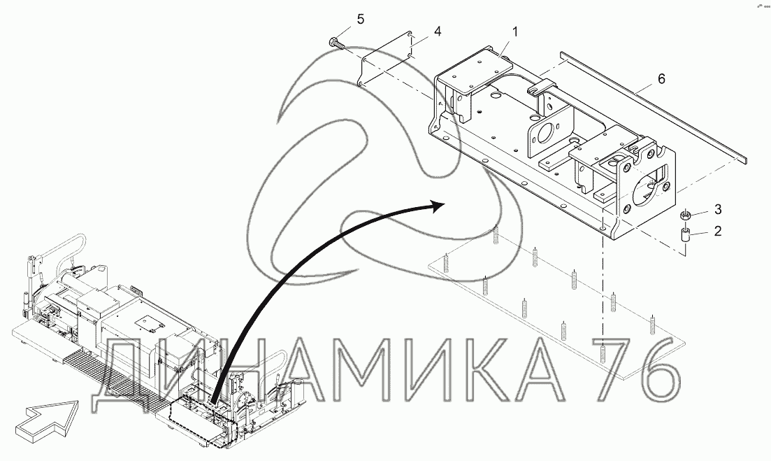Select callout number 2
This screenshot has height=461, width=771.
(x=718, y=231)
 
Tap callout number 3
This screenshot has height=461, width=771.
(x=718, y=209)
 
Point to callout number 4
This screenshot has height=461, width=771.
(x=437, y=31)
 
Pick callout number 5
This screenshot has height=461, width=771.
(x=361, y=19)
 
